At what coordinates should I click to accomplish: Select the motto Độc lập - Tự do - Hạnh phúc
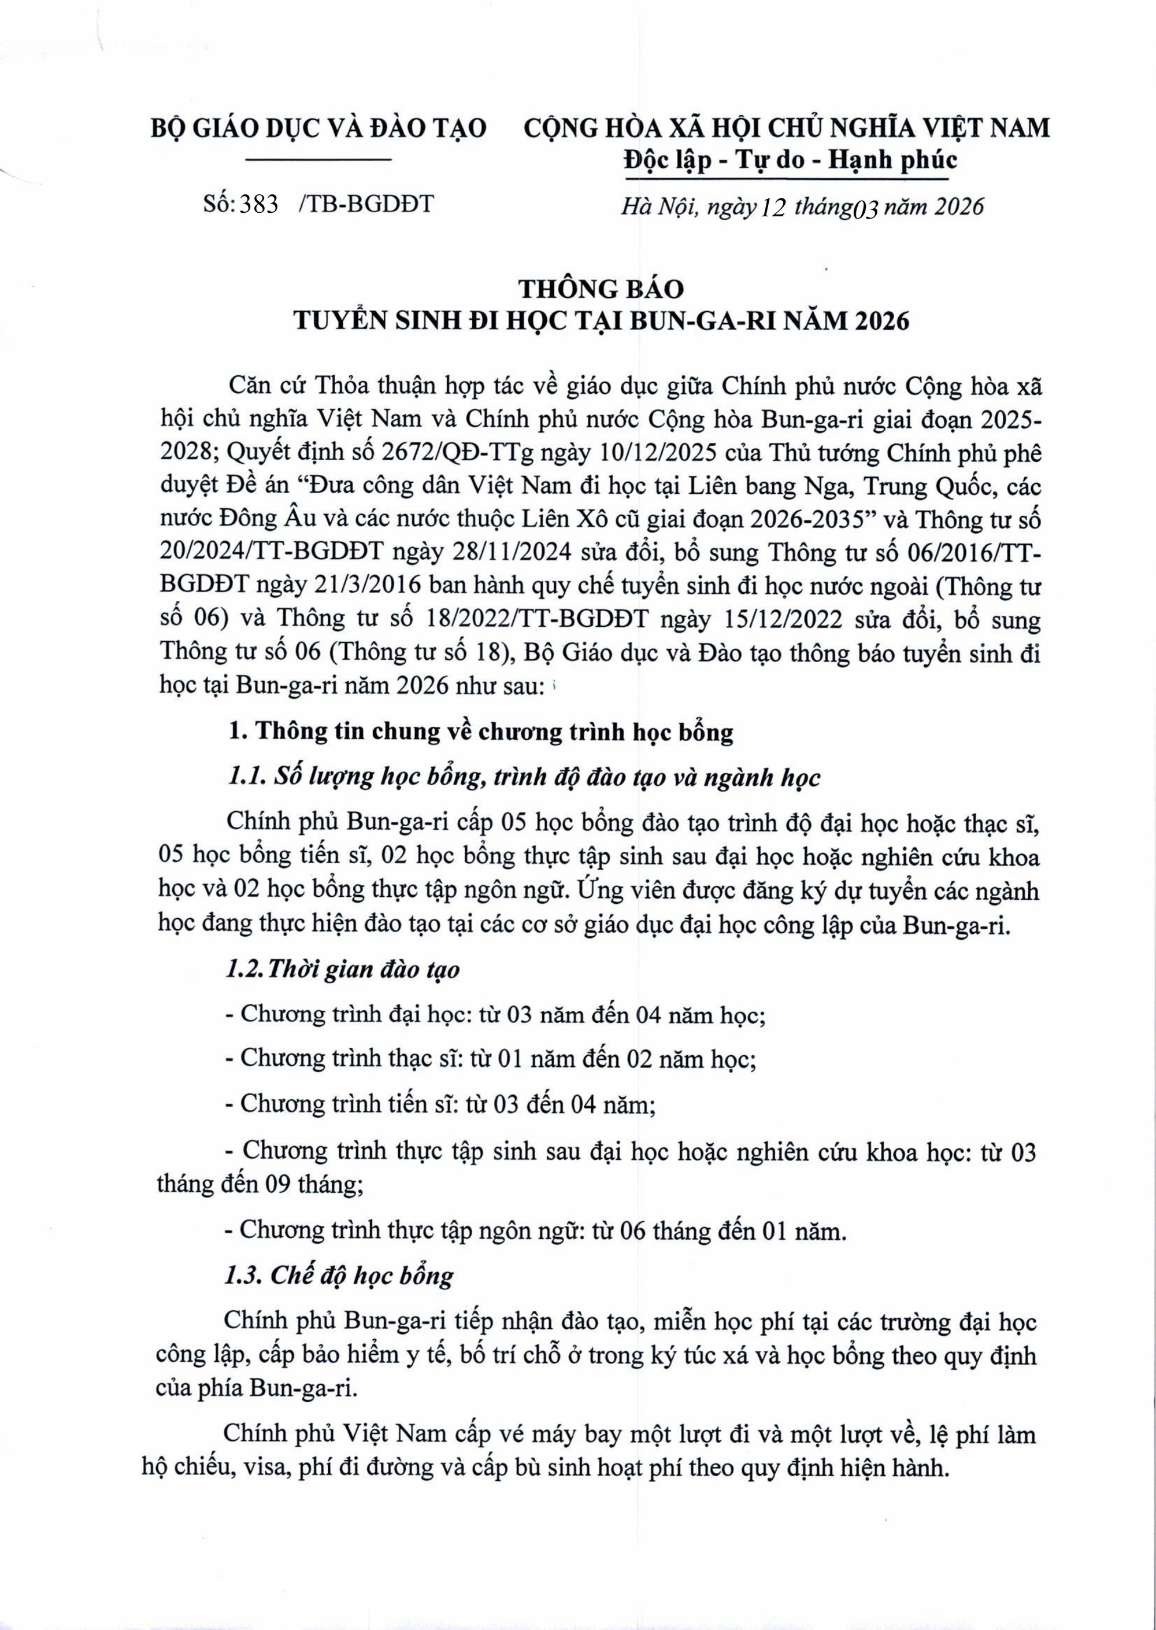tap(790, 160)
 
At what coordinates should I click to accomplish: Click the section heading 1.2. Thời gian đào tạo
tap(342, 970)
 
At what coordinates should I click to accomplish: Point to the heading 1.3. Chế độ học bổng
tap(339, 1274)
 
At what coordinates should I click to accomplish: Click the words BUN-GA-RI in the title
tap(724, 322)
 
